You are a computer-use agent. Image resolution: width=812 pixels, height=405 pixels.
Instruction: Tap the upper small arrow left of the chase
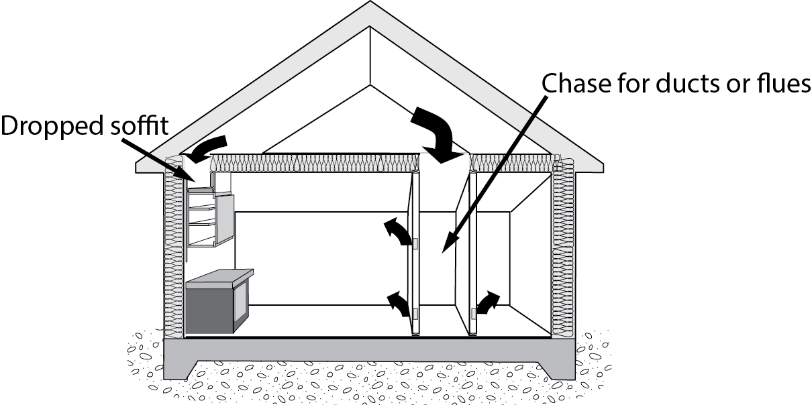coord(398,233)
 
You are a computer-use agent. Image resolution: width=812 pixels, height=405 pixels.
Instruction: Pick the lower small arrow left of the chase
coord(400,304)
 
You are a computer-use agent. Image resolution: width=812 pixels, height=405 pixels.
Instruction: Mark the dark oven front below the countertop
coord(210,307)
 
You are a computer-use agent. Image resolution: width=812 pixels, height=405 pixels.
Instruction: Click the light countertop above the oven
coord(220,276)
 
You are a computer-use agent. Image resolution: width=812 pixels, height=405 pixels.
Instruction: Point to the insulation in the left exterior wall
coord(173,255)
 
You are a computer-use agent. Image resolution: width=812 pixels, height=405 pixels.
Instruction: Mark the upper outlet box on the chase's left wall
coord(415,244)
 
